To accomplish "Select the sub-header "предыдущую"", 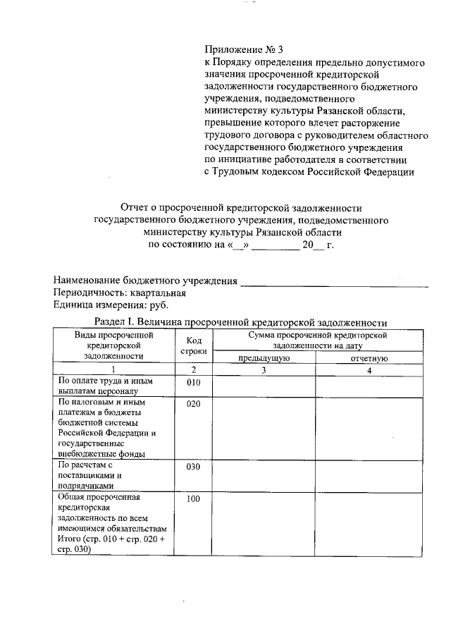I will pos(263,359).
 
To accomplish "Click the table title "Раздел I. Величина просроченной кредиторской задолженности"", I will pos(242,322).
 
